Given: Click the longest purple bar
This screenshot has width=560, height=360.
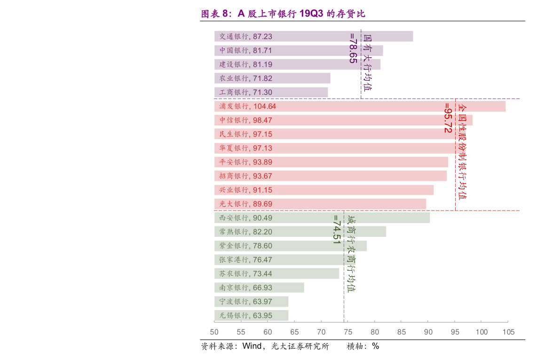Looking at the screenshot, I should (x=313, y=36).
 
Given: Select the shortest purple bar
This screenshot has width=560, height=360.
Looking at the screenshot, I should (x=271, y=92).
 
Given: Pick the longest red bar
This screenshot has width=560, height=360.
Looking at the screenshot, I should (x=360, y=106).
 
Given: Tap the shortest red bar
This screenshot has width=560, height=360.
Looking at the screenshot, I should (x=320, y=204).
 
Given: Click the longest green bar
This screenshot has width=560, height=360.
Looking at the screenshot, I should (x=322, y=218).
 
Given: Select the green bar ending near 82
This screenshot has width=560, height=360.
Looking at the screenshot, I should (x=300, y=232).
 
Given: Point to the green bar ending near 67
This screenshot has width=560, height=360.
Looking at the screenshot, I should (x=259, y=288).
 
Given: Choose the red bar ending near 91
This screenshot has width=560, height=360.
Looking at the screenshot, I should (x=323, y=190).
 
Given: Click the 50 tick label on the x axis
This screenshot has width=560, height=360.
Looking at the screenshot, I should (x=214, y=332).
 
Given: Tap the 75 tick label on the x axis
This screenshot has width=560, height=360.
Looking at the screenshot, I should (x=348, y=332).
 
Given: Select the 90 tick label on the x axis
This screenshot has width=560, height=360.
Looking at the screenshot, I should (x=428, y=332).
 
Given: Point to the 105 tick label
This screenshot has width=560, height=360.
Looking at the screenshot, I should (x=508, y=332).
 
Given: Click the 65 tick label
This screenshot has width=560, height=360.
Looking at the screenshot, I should (x=294, y=332).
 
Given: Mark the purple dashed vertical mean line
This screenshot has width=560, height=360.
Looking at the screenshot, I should (x=361, y=85).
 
